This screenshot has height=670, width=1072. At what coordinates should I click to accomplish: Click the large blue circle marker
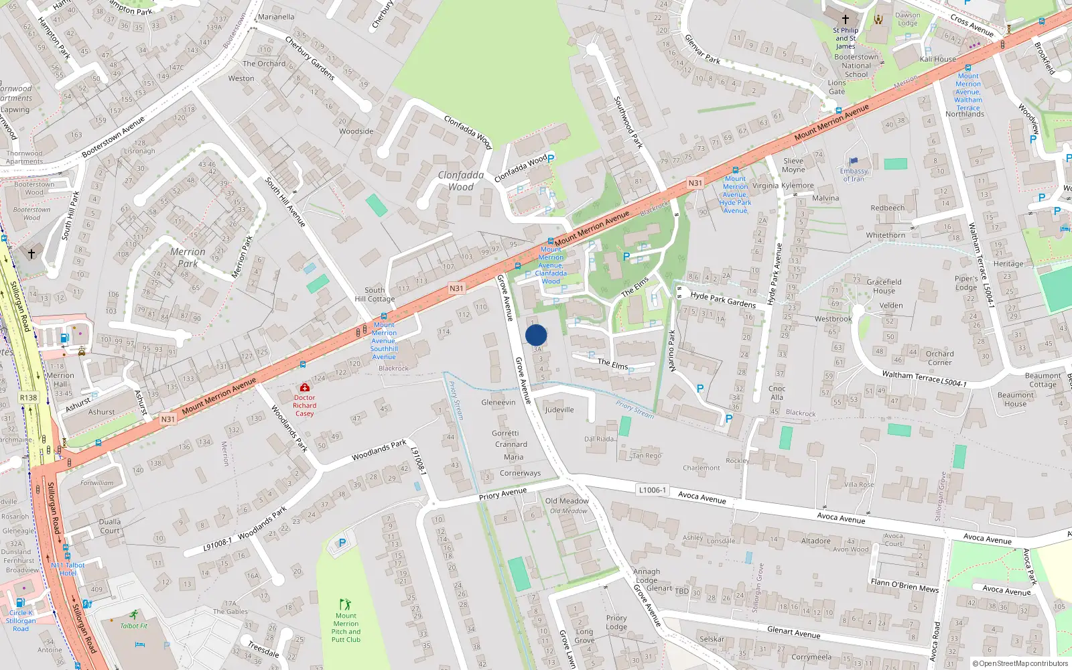(536, 335)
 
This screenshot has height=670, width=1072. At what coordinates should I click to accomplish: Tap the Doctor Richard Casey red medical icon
(305, 387)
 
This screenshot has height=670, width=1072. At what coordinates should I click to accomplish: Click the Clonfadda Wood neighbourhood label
(461, 181)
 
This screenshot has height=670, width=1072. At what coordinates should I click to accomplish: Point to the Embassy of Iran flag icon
(854, 161)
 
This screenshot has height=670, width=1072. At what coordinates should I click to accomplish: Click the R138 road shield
(28, 397)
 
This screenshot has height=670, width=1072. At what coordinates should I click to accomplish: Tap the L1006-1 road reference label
(652, 490)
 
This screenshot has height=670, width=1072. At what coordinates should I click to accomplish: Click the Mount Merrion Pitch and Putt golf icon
(345, 604)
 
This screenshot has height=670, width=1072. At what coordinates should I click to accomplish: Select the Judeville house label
(559, 409)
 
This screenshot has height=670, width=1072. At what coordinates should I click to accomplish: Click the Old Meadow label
(567, 500)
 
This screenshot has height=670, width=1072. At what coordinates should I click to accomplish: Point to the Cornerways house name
(520, 473)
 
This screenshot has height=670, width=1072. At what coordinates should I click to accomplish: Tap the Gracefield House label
(884, 286)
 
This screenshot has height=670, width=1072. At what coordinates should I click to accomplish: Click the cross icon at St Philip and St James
(846, 19)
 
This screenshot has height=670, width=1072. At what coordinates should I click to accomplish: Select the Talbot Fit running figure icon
(134, 614)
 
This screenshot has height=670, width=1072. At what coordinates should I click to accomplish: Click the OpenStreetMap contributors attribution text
(1020, 663)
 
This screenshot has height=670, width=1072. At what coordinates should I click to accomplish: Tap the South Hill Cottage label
(375, 295)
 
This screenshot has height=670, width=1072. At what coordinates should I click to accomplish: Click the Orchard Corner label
(939, 358)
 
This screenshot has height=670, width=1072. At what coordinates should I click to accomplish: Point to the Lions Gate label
(837, 87)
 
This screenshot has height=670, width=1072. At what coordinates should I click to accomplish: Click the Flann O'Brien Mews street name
(904, 585)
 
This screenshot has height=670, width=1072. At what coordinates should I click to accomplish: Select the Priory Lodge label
(616, 622)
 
